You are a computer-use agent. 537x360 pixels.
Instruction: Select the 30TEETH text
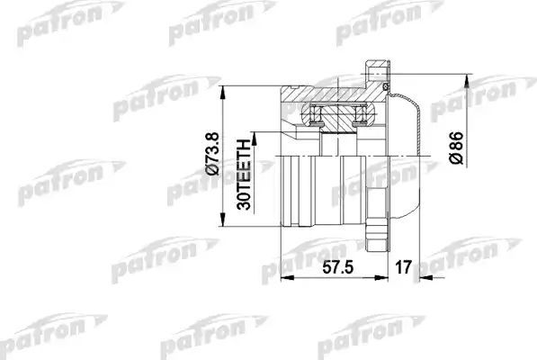pyautogui.click(x=243, y=174)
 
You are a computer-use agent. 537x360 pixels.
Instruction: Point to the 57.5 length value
pyautogui.click(x=335, y=267)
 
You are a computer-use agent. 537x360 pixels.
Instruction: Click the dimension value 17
pyautogui.click(x=403, y=267)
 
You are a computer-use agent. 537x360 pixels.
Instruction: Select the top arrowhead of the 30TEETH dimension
pyautogui.click(x=255, y=132)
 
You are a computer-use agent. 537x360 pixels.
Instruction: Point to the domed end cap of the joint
pyautogui.click(x=409, y=153)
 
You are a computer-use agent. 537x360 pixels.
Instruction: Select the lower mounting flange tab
pyautogui.click(x=377, y=238)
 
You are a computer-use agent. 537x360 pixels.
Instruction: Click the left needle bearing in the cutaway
pyautogui.click(x=315, y=113)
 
